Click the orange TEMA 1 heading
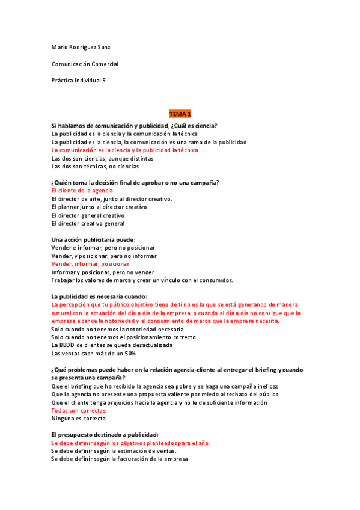[180, 114]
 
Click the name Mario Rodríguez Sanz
[81, 46]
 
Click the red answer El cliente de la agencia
[82, 191]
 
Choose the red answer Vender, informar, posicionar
[90, 264]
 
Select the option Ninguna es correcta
[79, 418]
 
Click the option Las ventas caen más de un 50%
[93, 353]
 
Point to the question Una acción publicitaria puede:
[93, 239]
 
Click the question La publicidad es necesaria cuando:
[99, 296]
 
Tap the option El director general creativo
[88, 215]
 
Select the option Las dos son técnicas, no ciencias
[95, 167]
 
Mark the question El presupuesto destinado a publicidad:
[105, 434]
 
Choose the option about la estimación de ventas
[114, 450]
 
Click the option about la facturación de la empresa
[120, 459]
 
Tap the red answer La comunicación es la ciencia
[124, 150]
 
